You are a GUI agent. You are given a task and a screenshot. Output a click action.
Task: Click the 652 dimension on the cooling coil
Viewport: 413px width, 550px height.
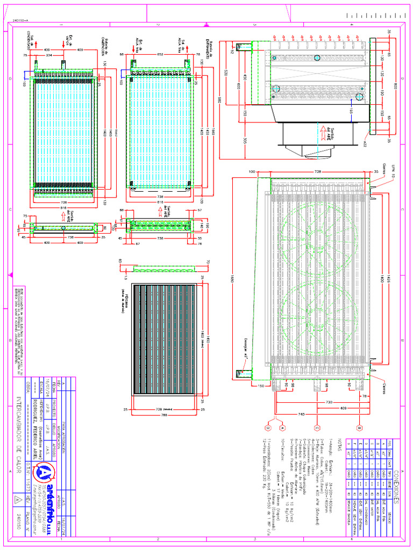(160, 54)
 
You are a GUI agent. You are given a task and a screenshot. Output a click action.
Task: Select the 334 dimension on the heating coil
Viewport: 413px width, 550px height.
(49, 55)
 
